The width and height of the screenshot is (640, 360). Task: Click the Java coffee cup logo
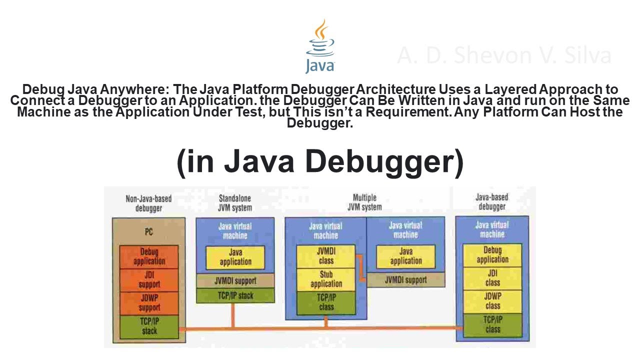pos(320,46)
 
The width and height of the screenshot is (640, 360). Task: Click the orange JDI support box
pos(149,280)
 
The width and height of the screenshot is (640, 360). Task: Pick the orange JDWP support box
pos(149,303)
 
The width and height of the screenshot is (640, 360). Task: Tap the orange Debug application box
pos(149,256)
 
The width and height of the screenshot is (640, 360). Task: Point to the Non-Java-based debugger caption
pos(148,203)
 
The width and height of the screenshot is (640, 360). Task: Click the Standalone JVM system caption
pos(235,202)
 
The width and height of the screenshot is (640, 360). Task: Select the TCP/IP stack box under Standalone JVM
pos(235,295)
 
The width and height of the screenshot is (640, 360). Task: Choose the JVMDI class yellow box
pos(326,255)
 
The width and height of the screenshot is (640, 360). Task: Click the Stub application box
pos(326,279)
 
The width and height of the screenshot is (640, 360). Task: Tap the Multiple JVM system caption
pos(364,202)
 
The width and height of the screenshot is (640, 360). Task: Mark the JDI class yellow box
pos(492,278)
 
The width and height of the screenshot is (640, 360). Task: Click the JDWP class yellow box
pos(492,301)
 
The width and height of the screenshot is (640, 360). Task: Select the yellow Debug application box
pos(492,255)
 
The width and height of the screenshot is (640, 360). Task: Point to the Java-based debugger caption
pos(491,202)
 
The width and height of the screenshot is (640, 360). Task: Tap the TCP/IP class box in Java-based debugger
pos(492,325)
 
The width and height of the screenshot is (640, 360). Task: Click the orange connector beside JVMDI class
pos(359,264)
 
